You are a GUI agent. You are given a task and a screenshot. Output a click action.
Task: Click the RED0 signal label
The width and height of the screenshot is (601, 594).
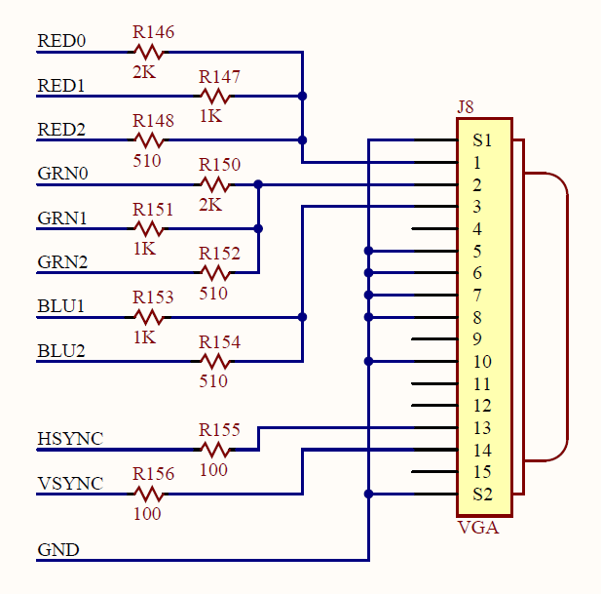click(61, 41)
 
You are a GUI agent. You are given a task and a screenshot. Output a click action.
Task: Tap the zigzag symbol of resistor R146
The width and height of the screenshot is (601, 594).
click(149, 52)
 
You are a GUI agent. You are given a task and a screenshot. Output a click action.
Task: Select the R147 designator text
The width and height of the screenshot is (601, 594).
click(219, 77)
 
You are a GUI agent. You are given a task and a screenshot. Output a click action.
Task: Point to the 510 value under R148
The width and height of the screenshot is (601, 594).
click(147, 160)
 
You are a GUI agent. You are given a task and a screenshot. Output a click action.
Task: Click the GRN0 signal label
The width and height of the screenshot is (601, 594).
click(62, 175)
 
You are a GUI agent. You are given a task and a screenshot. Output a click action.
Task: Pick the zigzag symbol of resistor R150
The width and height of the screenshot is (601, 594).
click(215, 184)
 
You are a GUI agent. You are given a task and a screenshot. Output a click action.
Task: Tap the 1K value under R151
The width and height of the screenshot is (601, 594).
click(144, 249)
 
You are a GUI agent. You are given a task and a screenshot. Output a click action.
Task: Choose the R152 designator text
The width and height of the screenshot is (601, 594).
click(219, 254)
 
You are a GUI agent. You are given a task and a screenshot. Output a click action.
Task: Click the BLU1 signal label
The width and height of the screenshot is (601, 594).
click(61, 306)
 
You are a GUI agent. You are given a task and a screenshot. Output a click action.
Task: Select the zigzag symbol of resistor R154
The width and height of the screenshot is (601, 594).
click(215, 361)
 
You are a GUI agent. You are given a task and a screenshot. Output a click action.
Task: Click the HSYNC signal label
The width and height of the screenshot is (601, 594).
click(69, 439)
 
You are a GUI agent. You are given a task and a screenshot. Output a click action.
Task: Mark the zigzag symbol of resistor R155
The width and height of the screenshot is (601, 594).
click(215, 450)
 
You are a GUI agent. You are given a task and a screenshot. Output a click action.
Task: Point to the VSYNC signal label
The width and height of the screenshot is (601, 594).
click(69, 483)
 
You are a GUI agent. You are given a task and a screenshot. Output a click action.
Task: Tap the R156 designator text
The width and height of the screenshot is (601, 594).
click(153, 474)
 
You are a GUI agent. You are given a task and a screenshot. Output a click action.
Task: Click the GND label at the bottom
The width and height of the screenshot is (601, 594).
click(58, 550)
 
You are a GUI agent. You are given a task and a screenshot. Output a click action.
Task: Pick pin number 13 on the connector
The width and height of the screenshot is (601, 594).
click(482, 427)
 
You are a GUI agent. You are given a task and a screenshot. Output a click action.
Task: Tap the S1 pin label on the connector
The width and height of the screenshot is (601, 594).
click(482, 140)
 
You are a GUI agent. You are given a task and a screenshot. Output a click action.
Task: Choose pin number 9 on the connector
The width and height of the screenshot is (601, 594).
click(477, 339)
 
